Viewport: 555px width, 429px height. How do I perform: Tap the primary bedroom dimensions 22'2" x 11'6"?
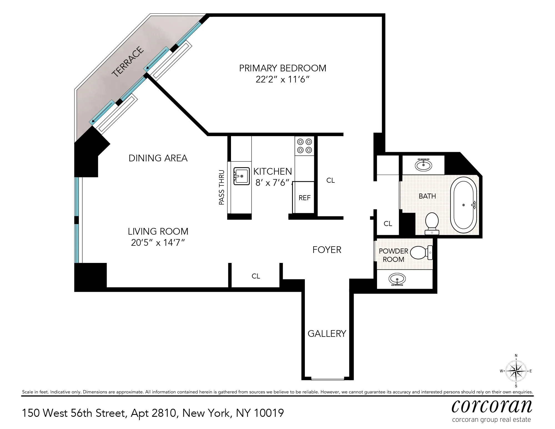coord(282,80)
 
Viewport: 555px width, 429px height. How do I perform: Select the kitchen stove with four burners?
coord(304,146)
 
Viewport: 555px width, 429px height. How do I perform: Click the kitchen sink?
coord(241,176)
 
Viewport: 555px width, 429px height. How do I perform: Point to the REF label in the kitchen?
coord(304,198)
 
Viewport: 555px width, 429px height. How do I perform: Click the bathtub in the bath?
coord(463,205)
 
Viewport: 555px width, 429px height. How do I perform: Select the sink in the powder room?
coord(397,279)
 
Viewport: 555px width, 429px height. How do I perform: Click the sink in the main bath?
coord(423,165)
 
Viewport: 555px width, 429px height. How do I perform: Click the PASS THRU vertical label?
coord(222,187)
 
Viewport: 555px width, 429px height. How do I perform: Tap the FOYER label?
coord(327,250)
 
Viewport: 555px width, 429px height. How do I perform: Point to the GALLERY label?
coord(327,333)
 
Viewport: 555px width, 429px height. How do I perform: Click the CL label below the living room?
coord(256,276)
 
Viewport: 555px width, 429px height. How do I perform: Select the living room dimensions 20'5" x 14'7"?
coord(158,243)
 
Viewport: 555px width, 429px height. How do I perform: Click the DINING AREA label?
coord(158,158)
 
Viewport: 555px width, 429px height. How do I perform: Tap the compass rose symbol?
coord(516,371)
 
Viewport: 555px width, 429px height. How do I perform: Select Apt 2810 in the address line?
coord(154,413)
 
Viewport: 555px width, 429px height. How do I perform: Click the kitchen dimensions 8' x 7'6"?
coord(272,183)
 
